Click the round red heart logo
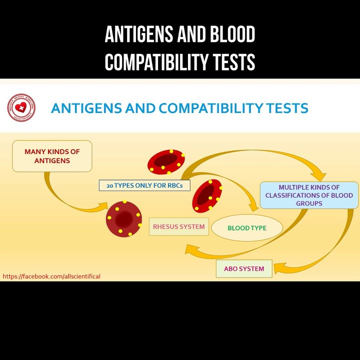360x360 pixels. coord(21,107)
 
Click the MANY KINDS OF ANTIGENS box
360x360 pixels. coord(52,155)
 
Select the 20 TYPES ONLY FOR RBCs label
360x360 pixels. coord(144,185)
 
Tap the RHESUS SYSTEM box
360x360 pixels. coord(178,226)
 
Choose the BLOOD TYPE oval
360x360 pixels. coord(247,228)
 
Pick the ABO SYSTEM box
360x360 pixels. coord(243,268)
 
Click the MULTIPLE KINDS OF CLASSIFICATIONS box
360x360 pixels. coord(309,195)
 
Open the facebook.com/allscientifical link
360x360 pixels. coord(51,276)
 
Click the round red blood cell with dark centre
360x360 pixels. coord(122,218)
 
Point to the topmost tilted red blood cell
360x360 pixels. coord(166,161)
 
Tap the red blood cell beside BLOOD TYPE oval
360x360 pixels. coord(207,195)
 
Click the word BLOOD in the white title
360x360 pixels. coord(232,35)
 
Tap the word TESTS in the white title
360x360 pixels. coord(233,63)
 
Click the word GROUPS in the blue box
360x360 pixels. coord(309,203)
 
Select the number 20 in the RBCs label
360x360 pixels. coord(109,185)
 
